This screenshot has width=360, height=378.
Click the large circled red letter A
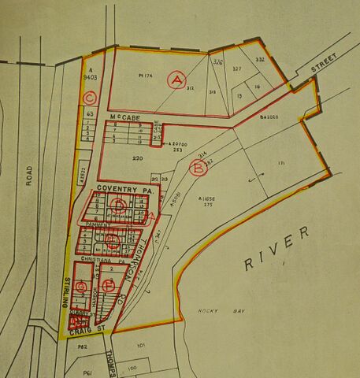[x=177, y=80]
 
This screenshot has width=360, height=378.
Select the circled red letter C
[x=90, y=98]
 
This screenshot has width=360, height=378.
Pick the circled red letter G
[x=80, y=286]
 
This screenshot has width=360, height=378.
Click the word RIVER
[x=273, y=257]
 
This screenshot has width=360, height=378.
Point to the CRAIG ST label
[x=87, y=334]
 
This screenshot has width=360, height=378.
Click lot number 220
[x=139, y=160]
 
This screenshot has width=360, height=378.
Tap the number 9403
[x=88, y=78]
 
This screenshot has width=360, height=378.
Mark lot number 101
[x=141, y=344]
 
